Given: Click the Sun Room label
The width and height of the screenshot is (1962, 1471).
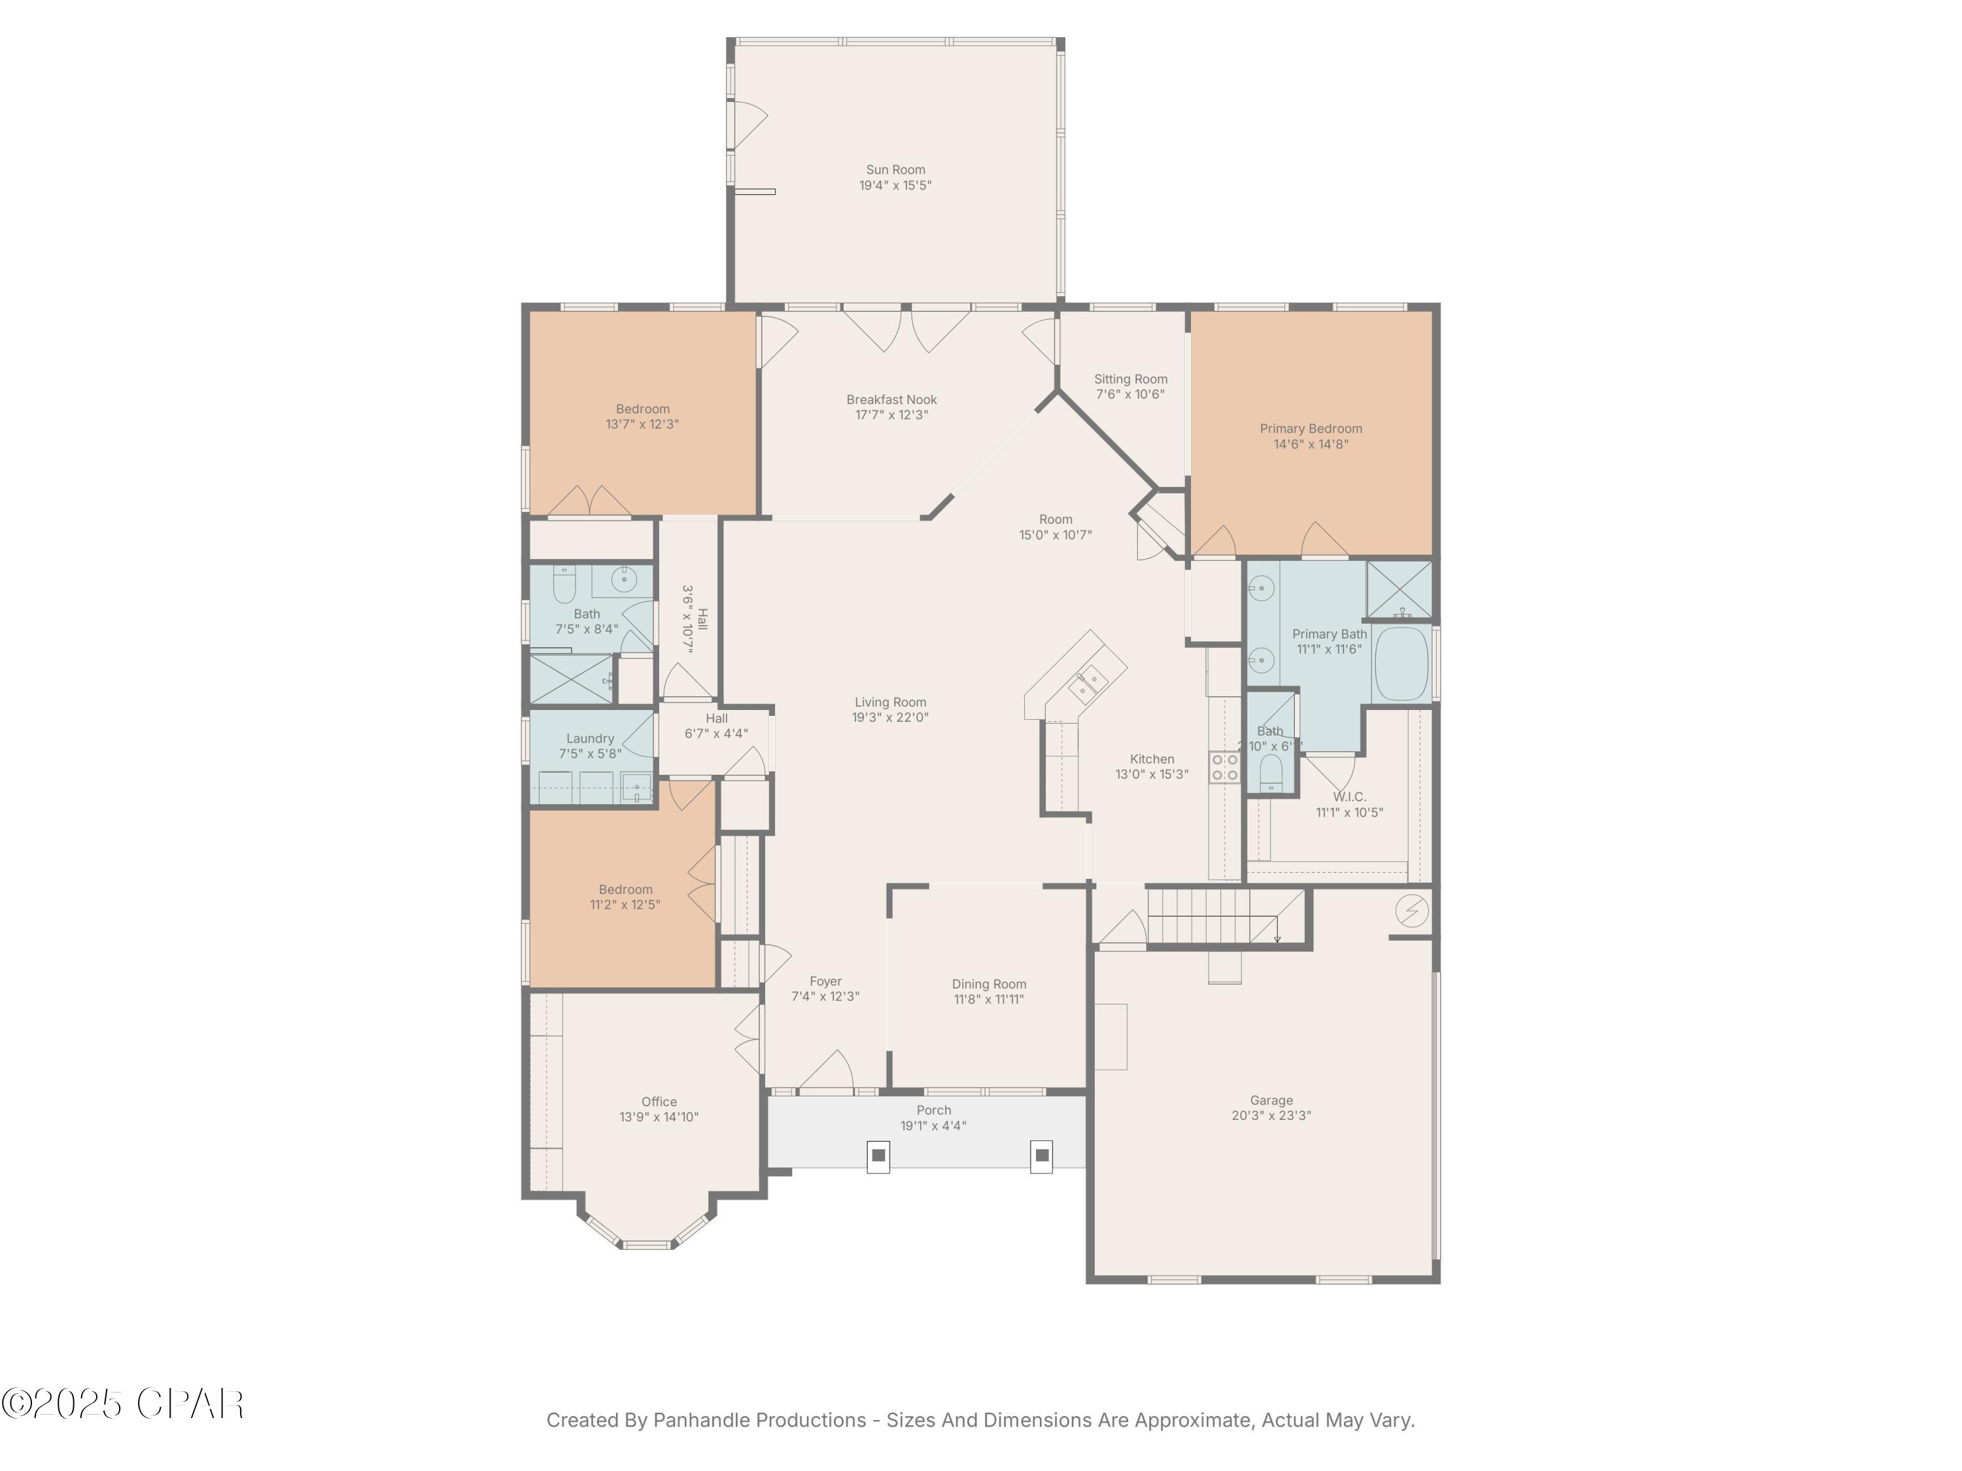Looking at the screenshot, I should coord(895,169).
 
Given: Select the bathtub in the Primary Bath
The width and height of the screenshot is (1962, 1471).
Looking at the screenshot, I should coord(1402,663).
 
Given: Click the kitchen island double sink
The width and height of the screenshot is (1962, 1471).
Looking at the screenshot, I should coord(1086,683).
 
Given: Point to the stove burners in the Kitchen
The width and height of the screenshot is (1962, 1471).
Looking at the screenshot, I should coord(1225,767).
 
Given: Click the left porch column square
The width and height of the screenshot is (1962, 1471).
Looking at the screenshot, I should coord(878,1155).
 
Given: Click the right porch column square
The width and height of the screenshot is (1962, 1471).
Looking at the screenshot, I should coord(1042,1155).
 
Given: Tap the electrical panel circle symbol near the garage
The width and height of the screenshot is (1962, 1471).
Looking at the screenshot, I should coord(1411,911).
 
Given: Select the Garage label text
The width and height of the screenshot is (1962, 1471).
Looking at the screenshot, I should coord(1271,1100).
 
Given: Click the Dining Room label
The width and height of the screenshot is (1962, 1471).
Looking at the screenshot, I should coord(989,984).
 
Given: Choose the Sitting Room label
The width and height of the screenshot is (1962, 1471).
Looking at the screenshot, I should coord(1130,379).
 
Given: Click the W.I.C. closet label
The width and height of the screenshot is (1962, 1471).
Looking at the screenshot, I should coord(1349,797).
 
